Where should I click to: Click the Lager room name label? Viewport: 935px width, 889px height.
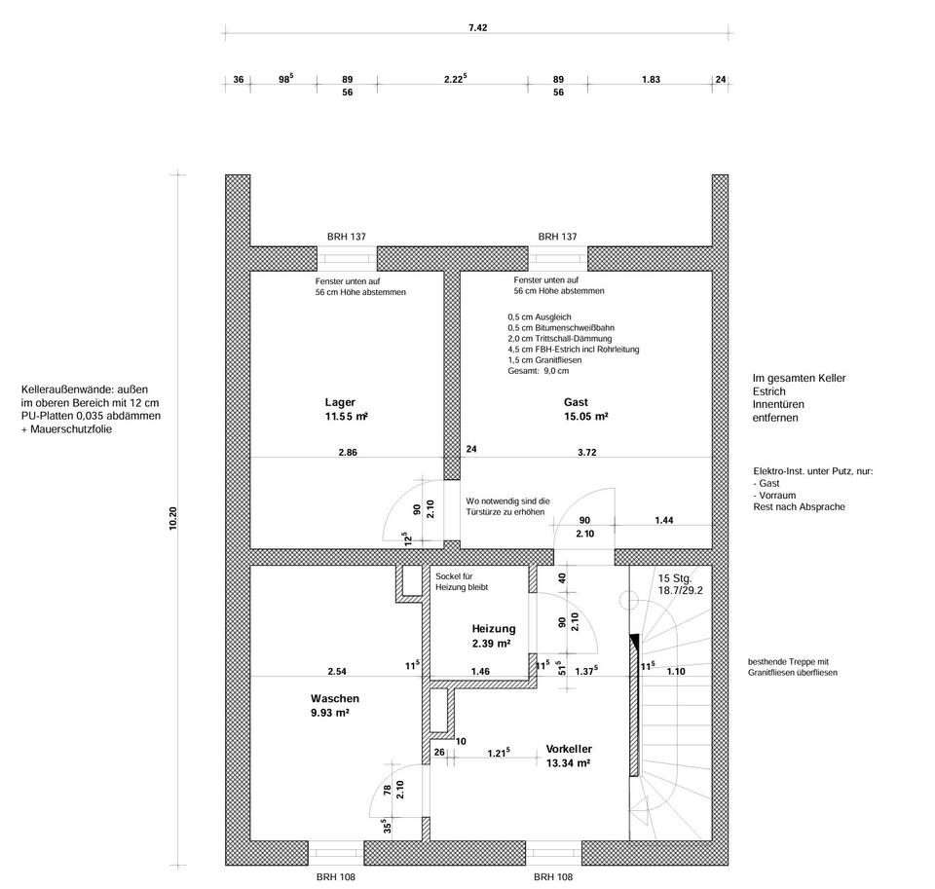point(340,402)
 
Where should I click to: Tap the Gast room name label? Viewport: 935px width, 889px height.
point(576,402)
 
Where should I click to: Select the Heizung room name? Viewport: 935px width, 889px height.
point(493,628)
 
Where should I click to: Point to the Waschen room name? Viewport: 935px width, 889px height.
point(335,698)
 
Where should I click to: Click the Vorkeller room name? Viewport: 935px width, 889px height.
point(570,748)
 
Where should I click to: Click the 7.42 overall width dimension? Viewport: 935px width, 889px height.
point(477,28)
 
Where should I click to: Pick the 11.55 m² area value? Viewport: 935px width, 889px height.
point(346,417)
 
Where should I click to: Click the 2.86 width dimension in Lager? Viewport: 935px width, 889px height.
point(348,452)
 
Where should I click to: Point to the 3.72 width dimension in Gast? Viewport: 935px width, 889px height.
point(586,452)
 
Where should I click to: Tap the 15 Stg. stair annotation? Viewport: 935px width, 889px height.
point(674,577)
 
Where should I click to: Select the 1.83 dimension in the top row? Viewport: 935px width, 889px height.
point(651,80)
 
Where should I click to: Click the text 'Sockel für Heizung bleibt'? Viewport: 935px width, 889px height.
point(462,582)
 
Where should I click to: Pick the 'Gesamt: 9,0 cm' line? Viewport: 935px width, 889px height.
point(538,371)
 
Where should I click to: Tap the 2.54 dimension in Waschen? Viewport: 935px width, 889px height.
point(337,671)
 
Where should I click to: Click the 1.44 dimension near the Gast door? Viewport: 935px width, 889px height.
point(664,521)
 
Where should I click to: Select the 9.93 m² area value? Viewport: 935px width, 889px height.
point(330,713)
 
